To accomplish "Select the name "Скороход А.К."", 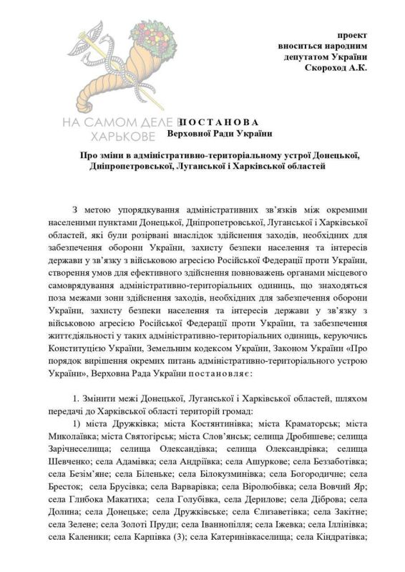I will (x=336, y=68).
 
